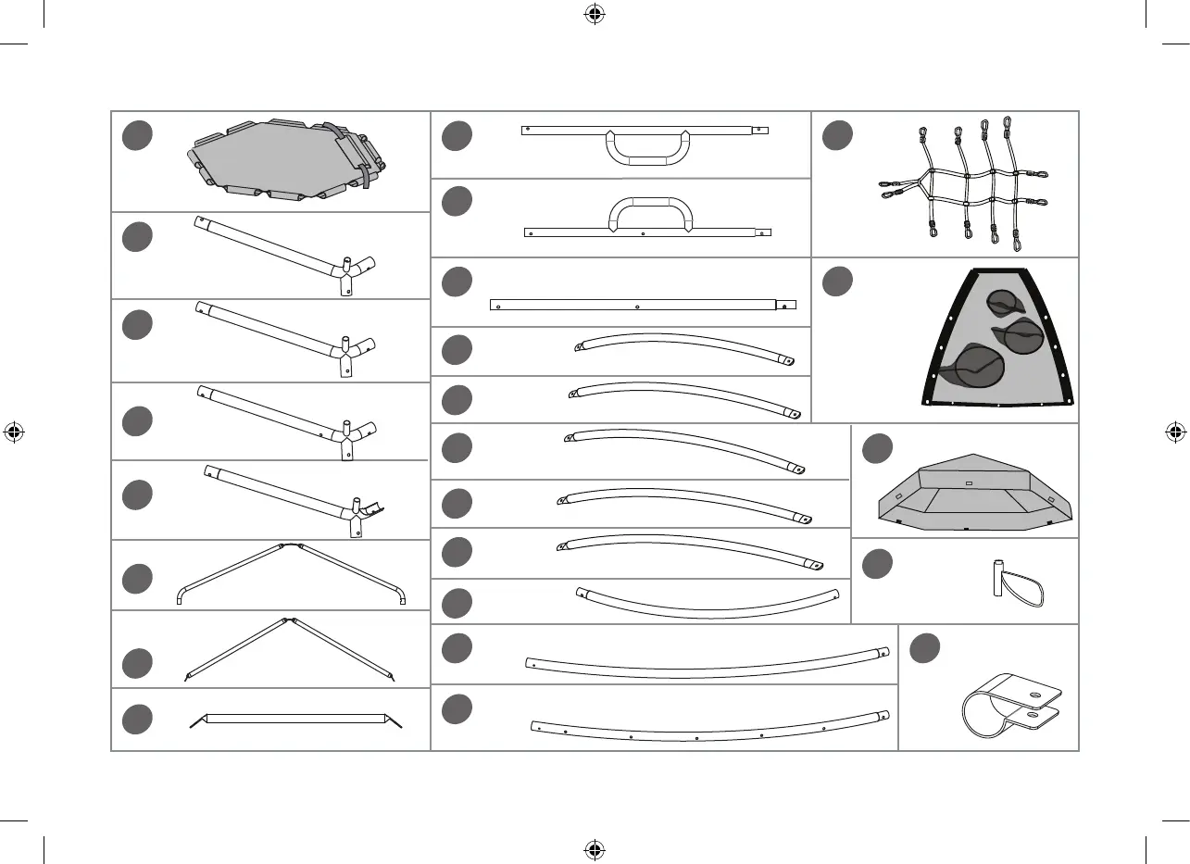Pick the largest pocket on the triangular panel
pos(972,365)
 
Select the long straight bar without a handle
pos(639,305)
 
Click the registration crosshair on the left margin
pos(14,432)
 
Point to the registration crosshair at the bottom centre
pos(595,848)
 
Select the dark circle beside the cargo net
pos(838,135)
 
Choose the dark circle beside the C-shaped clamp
pos(924,649)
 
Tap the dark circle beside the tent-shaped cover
pos(877,449)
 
